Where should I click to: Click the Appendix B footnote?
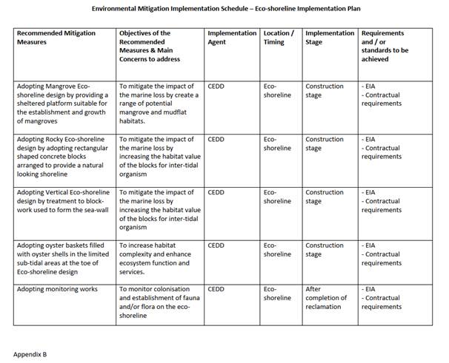pyautogui.click(x=30, y=354)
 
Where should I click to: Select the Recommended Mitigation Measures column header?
pyautogui.click(x=56, y=38)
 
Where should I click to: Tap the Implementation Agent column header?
pyautogui.click(x=232, y=38)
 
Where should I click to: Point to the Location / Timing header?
pyautogui.click(x=279, y=38)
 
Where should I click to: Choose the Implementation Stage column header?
pyautogui.click(x=330, y=38)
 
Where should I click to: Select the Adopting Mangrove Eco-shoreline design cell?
pyautogui.click(x=63, y=104)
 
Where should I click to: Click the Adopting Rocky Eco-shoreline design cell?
pyautogui.click(x=63, y=157)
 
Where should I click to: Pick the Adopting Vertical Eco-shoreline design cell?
pyautogui.click(x=63, y=206)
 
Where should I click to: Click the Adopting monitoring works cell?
pyautogui.click(x=57, y=289)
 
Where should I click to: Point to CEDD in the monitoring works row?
pyautogui.click(x=216, y=289)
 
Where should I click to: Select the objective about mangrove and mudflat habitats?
pyautogui.click(x=159, y=104)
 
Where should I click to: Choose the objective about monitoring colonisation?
pyautogui.click(x=159, y=302)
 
